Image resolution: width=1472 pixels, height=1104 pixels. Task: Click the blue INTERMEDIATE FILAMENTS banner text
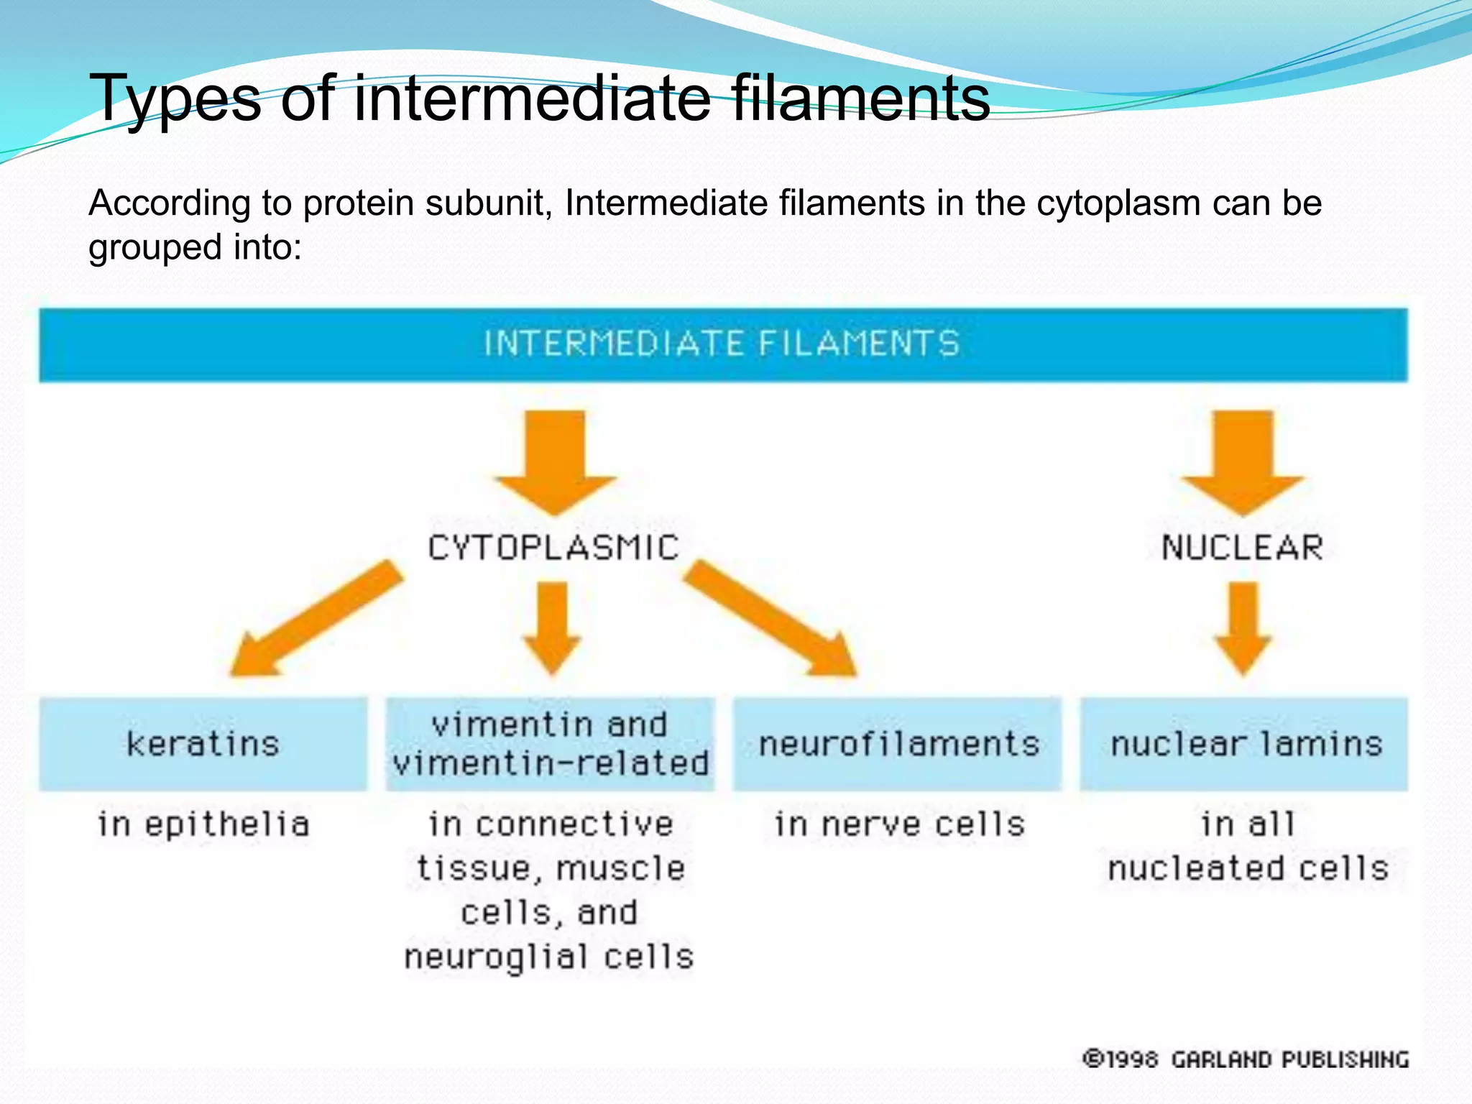pos(722,344)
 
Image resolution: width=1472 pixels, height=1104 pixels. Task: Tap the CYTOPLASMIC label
pos(553,548)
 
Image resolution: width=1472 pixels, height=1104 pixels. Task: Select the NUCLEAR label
pos(1242,548)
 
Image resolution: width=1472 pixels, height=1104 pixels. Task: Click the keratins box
pos(203,744)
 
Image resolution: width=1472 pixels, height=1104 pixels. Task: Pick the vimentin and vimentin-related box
pos(551,744)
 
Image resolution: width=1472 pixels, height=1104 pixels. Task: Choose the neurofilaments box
pos(898,744)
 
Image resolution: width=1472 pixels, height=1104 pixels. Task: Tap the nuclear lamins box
pos(1245,744)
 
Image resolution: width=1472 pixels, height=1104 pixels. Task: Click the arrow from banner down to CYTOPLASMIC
pos(554,460)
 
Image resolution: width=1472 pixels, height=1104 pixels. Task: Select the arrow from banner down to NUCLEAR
pos(1243,460)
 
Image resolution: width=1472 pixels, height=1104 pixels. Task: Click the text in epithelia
pos(203,824)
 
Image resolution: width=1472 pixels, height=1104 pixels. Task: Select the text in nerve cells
pos(899,824)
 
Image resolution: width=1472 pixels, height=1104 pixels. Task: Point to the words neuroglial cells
pos(549,957)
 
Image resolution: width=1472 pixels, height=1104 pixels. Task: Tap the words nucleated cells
pos(1248,868)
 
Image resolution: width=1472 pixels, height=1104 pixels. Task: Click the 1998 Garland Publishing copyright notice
pos(1246,1059)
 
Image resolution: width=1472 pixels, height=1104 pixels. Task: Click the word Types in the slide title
pos(175,99)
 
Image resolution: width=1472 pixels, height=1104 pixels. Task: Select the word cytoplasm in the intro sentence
pos(1118,203)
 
